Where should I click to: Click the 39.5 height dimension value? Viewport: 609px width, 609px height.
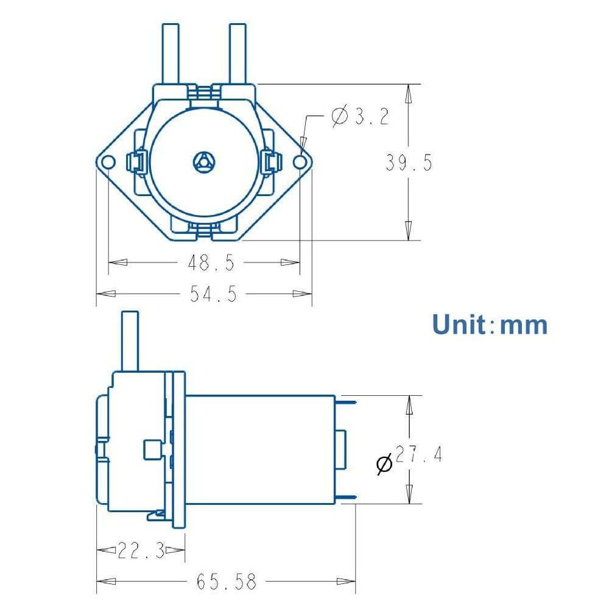409,163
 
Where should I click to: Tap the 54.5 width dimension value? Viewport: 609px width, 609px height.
213,294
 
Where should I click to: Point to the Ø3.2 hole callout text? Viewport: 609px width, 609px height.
360,116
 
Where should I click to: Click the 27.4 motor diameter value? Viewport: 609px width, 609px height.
419,455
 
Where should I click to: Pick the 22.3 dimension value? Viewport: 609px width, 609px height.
141,551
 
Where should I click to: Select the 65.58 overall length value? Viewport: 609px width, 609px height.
226,582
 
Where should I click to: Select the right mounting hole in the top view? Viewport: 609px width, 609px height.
300,161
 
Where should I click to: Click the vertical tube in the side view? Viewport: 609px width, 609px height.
130,341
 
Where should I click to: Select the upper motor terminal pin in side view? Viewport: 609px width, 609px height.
346,401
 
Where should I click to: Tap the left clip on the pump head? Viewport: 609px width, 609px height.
135,161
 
